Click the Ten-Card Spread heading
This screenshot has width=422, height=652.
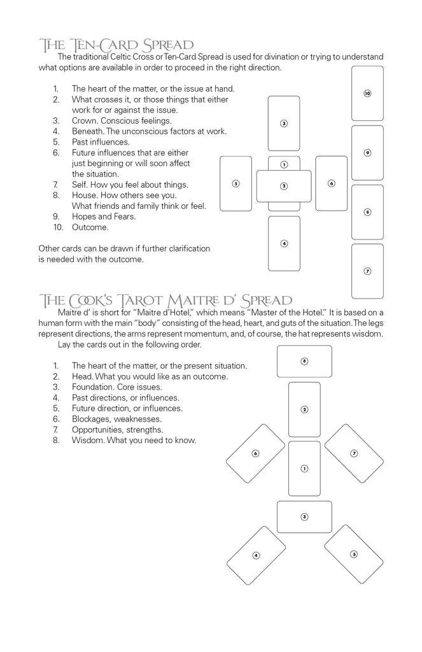tap(116, 45)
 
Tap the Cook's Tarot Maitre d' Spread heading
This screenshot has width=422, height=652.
tap(165, 300)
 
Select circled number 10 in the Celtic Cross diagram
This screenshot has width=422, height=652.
tap(367, 94)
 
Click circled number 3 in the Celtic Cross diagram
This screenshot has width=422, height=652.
tap(284, 124)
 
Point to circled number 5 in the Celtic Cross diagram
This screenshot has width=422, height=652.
tap(236, 183)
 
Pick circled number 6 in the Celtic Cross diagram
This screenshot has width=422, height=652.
tap(332, 183)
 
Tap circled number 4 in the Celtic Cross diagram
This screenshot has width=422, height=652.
tap(284, 243)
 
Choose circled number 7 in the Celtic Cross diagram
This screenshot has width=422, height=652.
tap(367, 271)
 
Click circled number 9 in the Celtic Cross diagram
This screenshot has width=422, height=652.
tap(367, 153)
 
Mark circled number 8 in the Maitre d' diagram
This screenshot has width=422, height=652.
tap(304, 361)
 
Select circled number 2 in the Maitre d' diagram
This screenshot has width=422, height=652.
tap(304, 409)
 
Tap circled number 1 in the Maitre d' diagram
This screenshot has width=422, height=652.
tap(304, 469)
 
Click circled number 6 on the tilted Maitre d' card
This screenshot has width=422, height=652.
tap(255, 453)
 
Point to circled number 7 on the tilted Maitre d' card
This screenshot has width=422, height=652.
tap(354, 453)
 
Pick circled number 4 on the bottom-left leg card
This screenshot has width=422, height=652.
tap(256, 555)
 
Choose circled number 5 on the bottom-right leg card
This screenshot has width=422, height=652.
tap(354, 554)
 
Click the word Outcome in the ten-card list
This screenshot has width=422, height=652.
tap(90, 227)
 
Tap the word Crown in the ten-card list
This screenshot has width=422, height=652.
tap(85, 121)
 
